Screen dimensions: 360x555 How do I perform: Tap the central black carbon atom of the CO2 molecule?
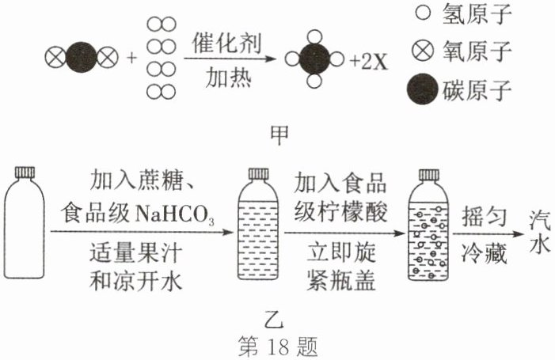point(82,58)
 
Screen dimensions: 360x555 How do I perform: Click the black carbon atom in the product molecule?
point(314,59)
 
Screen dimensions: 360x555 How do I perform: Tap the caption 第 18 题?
point(278,346)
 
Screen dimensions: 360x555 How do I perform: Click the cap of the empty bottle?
point(27,172)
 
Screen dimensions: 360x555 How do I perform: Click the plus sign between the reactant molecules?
point(132,59)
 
